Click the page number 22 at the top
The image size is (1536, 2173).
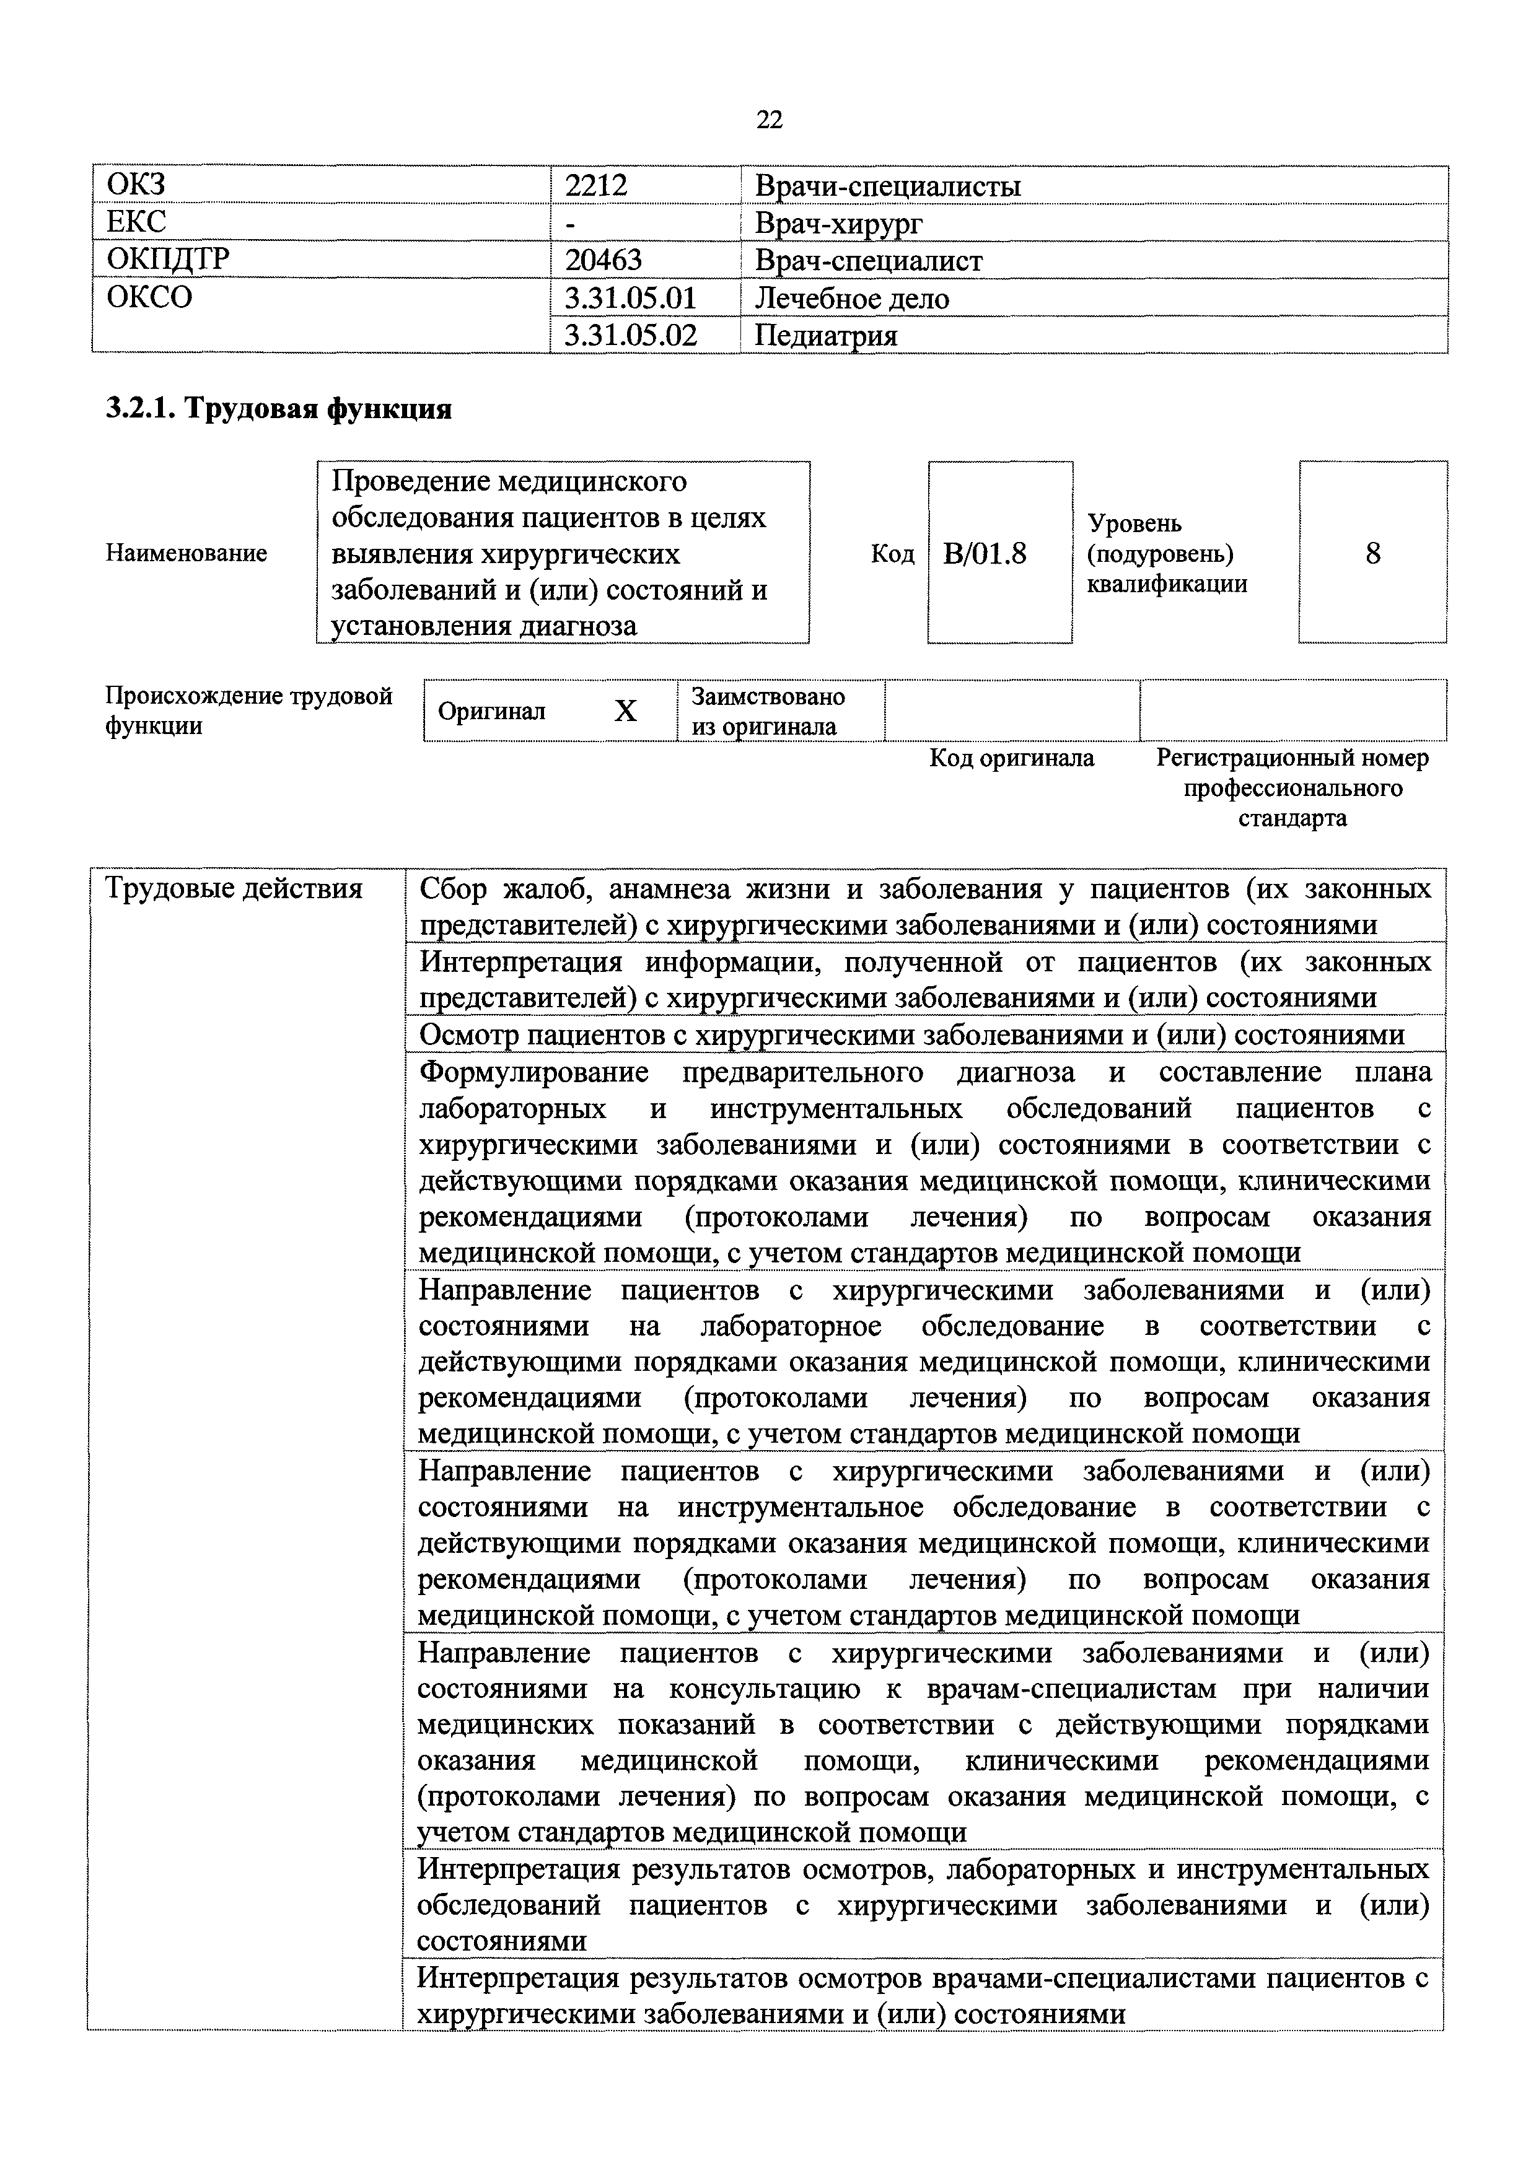(x=770, y=120)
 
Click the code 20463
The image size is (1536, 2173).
(x=603, y=260)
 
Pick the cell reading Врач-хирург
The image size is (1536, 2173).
(x=838, y=224)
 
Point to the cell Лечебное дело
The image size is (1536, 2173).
(x=852, y=298)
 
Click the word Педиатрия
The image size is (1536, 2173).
(x=825, y=335)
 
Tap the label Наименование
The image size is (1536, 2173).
(x=187, y=553)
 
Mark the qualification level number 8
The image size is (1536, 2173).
(x=1372, y=553)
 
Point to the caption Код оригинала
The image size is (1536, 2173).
(x=1012, y=758)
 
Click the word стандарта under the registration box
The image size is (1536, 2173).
(x=1292, y=818)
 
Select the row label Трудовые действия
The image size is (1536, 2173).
(x=234, y=889)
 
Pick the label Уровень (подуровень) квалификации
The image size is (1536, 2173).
(x=1166, y=553)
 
